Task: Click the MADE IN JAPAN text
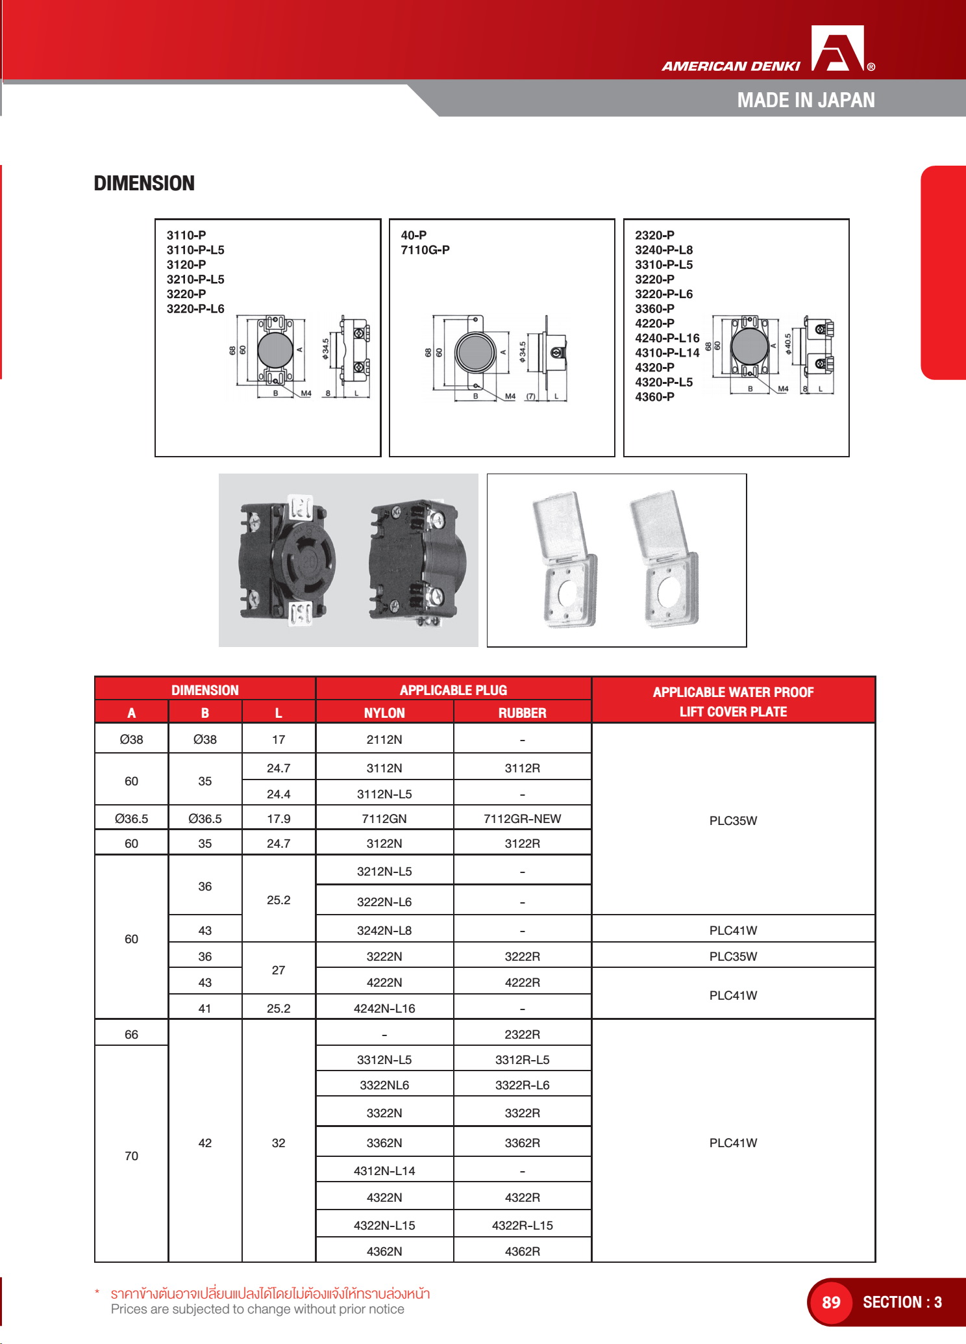[806, 101]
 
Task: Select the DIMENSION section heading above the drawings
[144, 184]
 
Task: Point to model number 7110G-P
[425, 250]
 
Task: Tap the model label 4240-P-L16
[667, 338]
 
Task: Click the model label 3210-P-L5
[195, 279]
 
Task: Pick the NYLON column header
[384, 713]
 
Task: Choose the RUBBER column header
[522, 713]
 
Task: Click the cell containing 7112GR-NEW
[522, 819]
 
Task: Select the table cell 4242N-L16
[384, 1009]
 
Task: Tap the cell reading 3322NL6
[384, 1085]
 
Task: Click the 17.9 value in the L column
[279, 819]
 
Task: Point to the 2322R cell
[522, 1035]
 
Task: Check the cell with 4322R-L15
[522, 1226]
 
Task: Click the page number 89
[831, 1302]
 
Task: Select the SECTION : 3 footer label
[902, 1302]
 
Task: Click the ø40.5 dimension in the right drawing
[788, 344]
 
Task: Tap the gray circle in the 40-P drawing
[475, 352]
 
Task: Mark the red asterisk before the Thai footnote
[98, 1293]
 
